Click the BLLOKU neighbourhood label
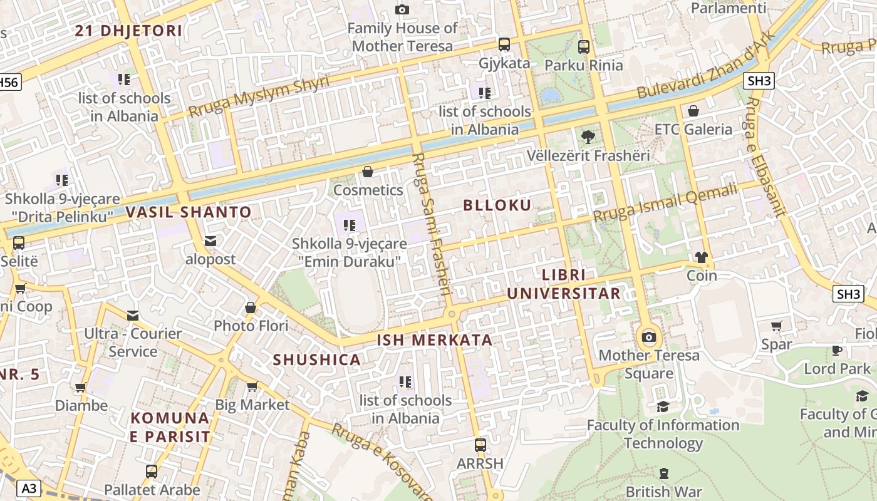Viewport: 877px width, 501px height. [497, 205]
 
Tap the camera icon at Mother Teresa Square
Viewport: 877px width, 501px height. [649, 338]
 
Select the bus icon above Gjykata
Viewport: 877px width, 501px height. [504, 44]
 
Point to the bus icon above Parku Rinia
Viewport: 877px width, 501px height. [584, 46]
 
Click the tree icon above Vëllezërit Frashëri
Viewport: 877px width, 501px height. [588, 137]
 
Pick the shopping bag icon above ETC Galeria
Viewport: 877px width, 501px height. [693, 111]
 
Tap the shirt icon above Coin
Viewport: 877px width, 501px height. [702, 257]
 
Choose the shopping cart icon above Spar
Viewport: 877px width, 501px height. [777, 326]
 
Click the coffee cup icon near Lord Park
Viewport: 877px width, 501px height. [836, 350]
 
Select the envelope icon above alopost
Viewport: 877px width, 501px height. [210, 241]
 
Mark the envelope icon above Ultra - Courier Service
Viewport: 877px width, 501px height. [133, 315]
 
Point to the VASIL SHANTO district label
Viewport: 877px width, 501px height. [189, 212]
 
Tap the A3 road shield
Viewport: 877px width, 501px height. [29, 488]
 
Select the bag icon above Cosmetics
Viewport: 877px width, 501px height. [368, 172]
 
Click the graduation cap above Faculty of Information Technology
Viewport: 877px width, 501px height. [663, 407]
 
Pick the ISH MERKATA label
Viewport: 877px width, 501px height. [434, 340]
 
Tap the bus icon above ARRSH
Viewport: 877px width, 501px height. [480, 445]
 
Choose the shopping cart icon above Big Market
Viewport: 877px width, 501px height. [252, 386]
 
